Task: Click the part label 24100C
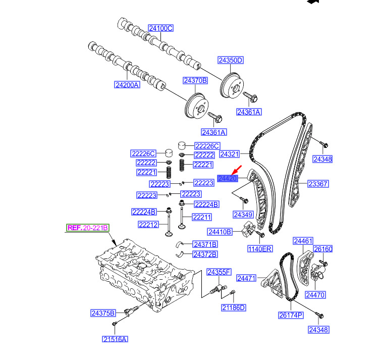[x=160, y=28]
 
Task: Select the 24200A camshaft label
[x=127, y=85]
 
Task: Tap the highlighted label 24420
[x=228, y=178]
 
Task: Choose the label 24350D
[x=231, y=61]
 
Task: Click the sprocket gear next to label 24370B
[x=193, y=107]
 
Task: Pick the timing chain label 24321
[x=230, y=153]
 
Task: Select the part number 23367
[x=318, y=184]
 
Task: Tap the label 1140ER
[x=260, y=249]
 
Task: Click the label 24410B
[x=220, y=232]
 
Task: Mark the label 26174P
[x=290, y=315]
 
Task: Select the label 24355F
[x=219, y=273]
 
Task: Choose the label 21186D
[x=234, y=307]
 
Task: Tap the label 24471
[x=247, y=278]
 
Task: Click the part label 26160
[x=323, y=249]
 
